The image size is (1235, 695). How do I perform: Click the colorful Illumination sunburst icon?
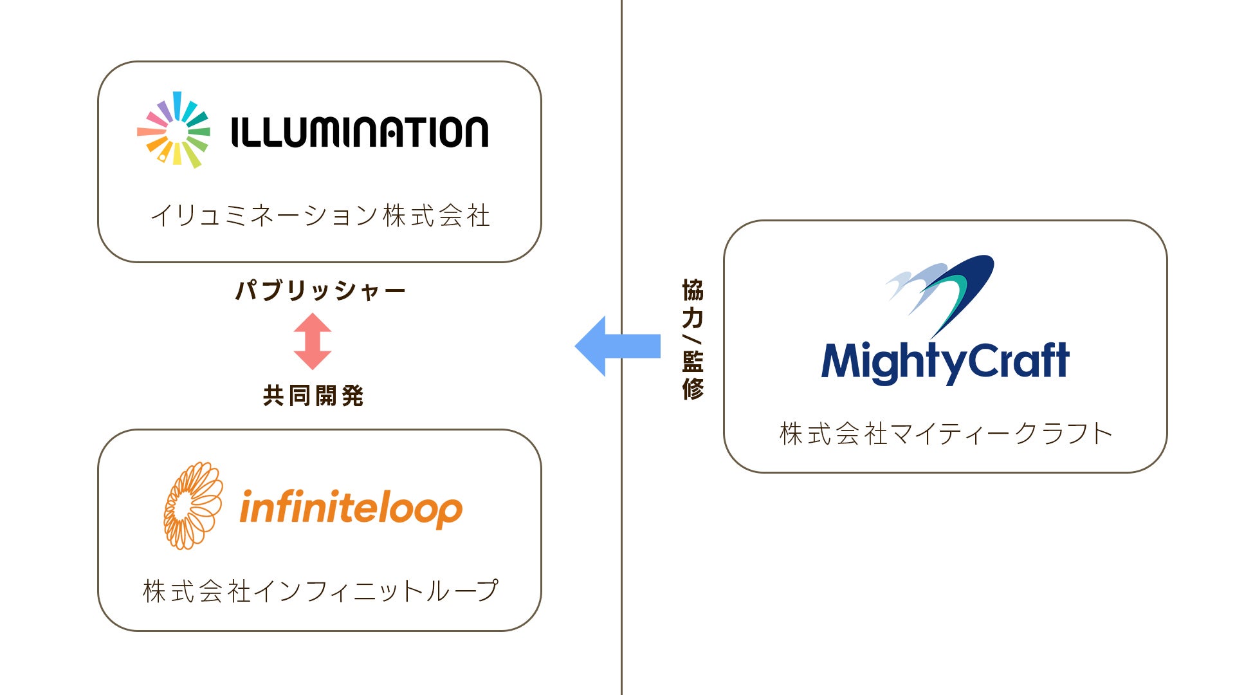click(x=174, y=131)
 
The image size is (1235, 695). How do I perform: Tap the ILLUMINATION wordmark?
click(x=360, y=132)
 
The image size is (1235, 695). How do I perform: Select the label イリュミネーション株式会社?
click(x=320, y=216)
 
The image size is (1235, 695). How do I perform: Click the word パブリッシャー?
click(x=320, y=291)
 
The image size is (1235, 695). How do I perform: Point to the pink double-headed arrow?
click(x=313, y=341)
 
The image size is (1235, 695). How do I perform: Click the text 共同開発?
click(x=313, y=396)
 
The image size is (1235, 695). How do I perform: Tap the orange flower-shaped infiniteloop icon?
click(x=192, y=506)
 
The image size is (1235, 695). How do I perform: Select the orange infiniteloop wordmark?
click(x=351, y=508)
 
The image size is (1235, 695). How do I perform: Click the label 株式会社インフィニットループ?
click(x=320, y=591)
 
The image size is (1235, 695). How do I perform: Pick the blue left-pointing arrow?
click(x=617, y=346)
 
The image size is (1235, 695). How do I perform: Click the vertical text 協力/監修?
click(x=693, y=339)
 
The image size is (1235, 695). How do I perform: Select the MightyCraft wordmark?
click(x=945, y=362)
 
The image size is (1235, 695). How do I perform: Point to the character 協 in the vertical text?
click(x=693, y=290)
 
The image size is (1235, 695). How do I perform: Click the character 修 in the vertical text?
click(x=693, y=389)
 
